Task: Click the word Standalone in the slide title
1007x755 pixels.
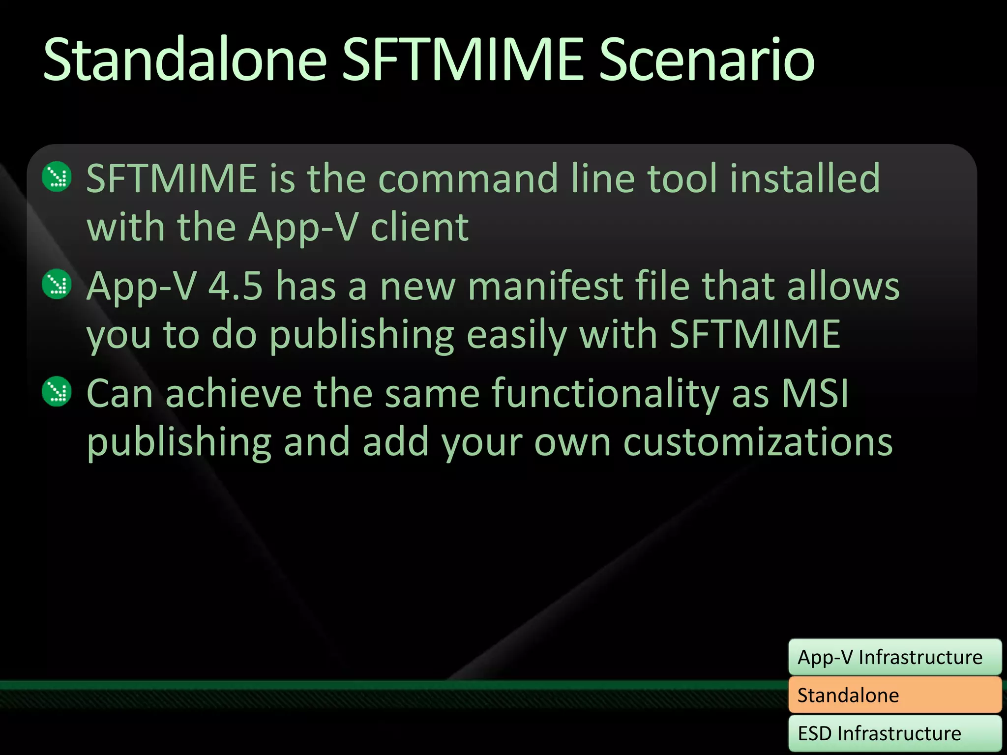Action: coord(185,60)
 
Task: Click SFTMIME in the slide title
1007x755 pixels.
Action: coord(462,60)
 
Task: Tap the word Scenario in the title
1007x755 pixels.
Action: coord(707,60)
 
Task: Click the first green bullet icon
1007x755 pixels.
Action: coord(57,176)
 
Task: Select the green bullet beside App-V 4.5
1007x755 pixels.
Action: coord(57,284)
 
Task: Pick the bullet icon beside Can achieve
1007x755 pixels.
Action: coord(57,391)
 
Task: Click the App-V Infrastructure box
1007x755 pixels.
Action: coord(894,657)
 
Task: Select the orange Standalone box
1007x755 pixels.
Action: coord(894,695)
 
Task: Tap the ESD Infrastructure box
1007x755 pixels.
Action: coord(894,733)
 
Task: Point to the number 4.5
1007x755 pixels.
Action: coord(236,286)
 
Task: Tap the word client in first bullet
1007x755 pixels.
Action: coord(419,228)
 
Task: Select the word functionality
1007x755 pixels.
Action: coord(605,393)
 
